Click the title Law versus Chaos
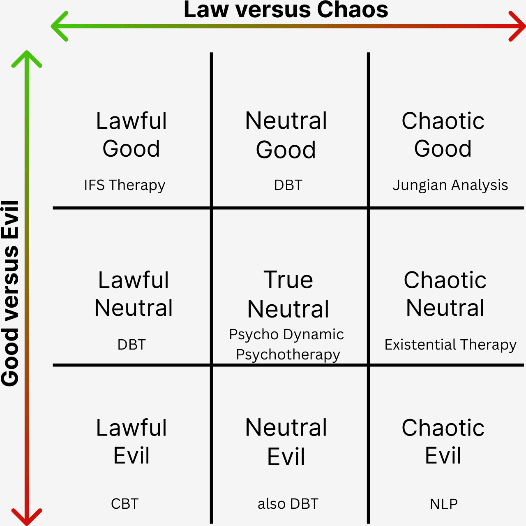(286, 10)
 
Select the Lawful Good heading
(131, 134)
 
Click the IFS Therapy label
(125, 185)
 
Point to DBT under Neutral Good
(288, 185)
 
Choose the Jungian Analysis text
(450, 185)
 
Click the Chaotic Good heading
(443, 134)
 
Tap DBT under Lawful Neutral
(131, 345)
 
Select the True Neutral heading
(288, 294)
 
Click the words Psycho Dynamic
(286, 334)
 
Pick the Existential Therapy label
(450, 345)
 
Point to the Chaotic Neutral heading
(445, 294)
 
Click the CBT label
(125, 504)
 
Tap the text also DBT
(288, 504)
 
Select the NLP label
(444, 504)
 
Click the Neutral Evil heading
(286, 442)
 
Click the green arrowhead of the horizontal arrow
(59, 26)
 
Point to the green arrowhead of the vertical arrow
(26, 58)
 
